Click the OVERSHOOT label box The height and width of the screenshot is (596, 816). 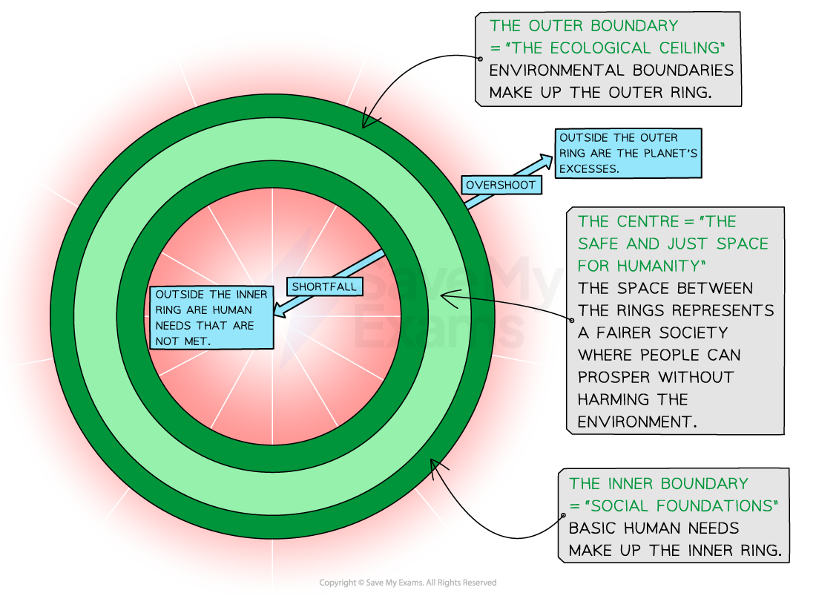click(500, 185)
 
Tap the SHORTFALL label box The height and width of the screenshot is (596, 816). click(323, 286)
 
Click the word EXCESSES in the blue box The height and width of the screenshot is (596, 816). click(588, 169)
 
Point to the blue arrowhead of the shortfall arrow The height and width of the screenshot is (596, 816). click(277, 315)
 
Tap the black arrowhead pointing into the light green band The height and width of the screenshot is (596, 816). click(444, 296)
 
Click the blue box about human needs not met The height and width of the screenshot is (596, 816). click(211, 318)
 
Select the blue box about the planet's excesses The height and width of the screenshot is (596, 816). click(628, 154)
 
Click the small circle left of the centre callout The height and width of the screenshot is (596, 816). click(572, 321)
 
